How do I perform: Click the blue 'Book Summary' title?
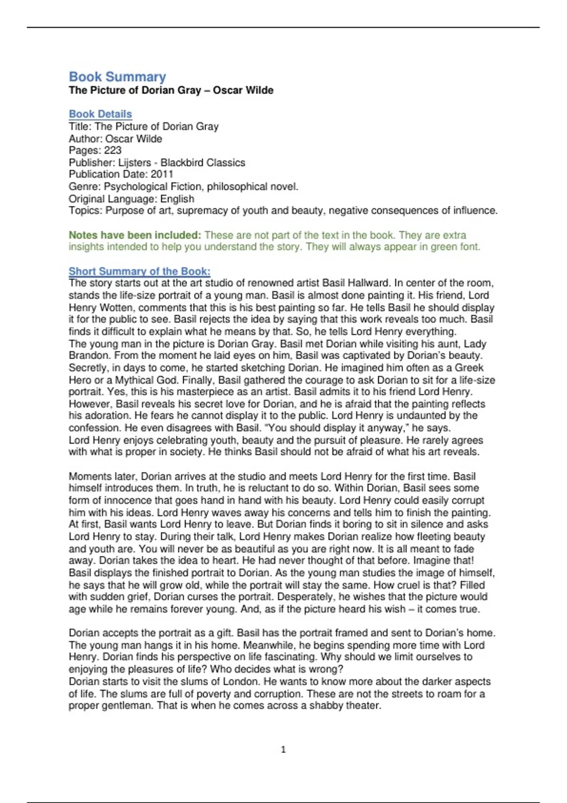pos(117,77)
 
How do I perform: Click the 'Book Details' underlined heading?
pos(100,114)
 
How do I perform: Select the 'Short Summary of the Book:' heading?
pos(139,271)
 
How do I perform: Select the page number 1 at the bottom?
pos(283,750)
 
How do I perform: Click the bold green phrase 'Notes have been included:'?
pos(135,235)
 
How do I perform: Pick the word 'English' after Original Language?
pos(177,198)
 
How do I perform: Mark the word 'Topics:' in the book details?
pos(85,211)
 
